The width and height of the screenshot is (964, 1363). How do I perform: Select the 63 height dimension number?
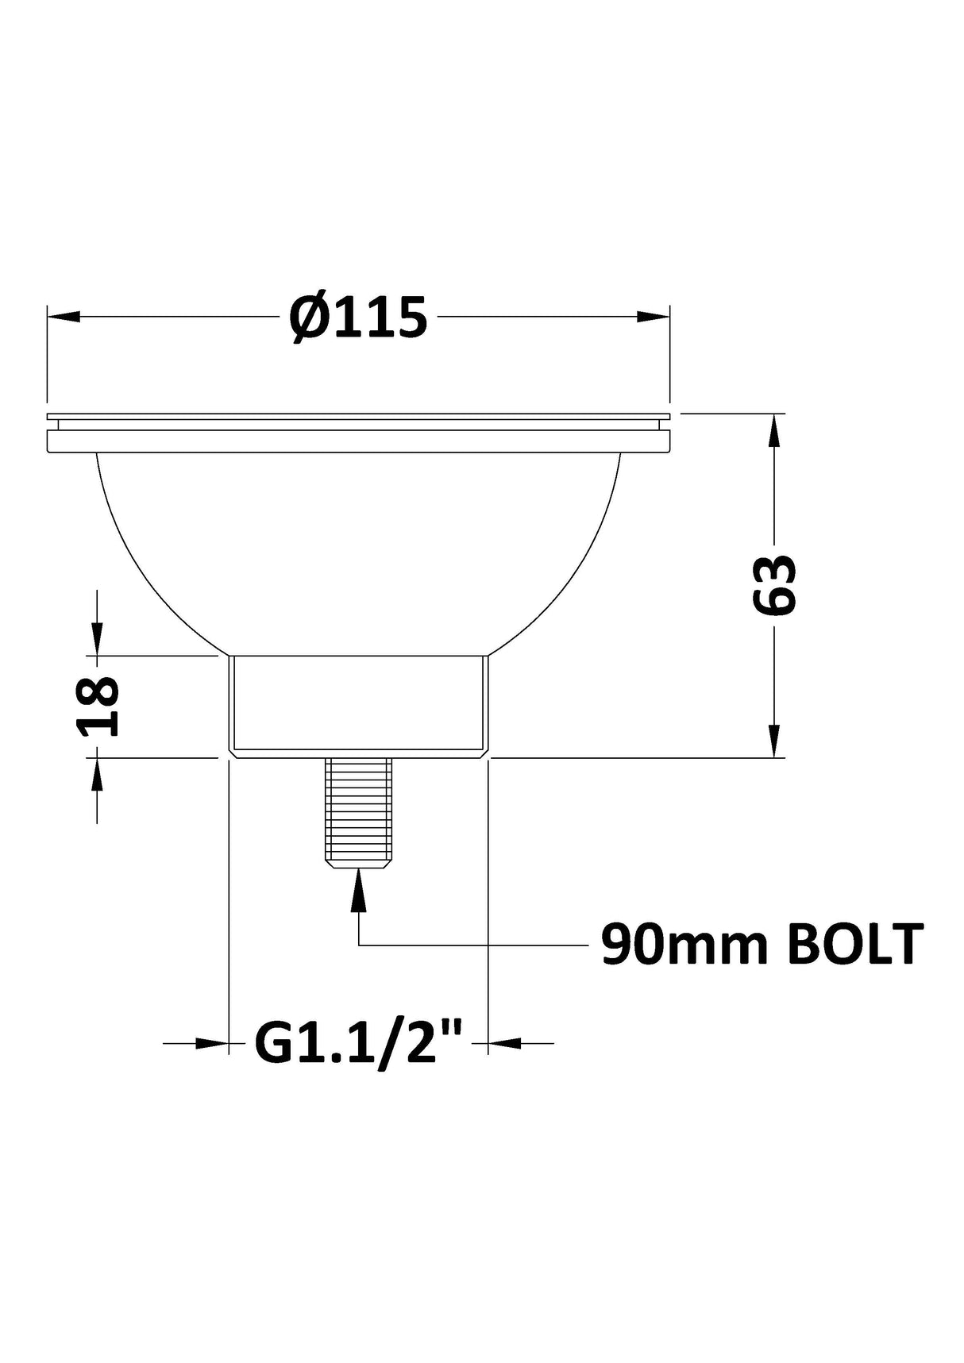(773, 585)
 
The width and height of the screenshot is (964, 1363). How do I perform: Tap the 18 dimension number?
(98, 707)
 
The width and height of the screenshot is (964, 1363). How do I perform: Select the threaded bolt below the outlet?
(358, 811)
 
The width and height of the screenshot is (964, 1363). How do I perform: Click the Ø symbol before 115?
(307, 318)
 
